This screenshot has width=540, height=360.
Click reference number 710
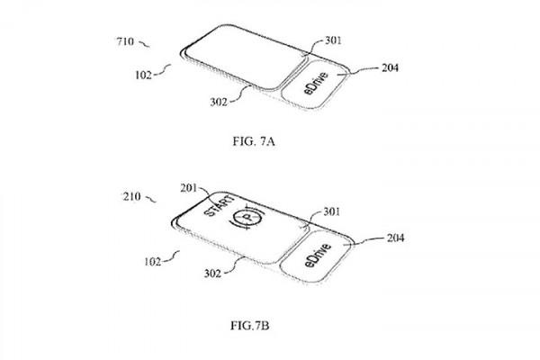pyautogui.click(x=125, y=41)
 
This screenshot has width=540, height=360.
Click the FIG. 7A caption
pyautogui.click(x=254, y=141)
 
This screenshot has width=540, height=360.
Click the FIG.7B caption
pyautogui.click(x=249, y=325)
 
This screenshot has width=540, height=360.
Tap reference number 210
pyautogui.click(x=132, y=196)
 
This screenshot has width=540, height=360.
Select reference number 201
pyautogui.click(x=189, y=188)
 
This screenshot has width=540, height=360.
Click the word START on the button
pyautogui.click(x=220, y=206)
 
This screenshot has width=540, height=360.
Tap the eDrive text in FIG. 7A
pyautogui.click(x=316, y=83)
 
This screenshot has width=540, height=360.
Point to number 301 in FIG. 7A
pyautogui.click(x=333, y=40)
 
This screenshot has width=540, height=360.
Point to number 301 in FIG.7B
pyautogui.click(x=331, y=211)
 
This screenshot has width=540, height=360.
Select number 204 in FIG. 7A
pyautogui.click(x=391, y=67)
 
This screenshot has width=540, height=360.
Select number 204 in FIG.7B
pyautogui.click(x=395, y=238)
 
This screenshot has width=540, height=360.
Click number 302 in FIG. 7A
pyautogui.click(x=219, y=102)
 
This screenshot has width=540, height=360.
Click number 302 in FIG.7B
pyautogui.click(x=212, y=274)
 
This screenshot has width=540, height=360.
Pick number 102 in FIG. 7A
pyautogui.click(x=143, y=75)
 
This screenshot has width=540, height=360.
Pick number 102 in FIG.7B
pyautogui.click(x=153, y=262)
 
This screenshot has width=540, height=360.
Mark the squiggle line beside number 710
pyautogui.click(x=144, y=44)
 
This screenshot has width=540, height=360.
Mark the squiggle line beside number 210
pyautogui.click(x=151, y=199)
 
